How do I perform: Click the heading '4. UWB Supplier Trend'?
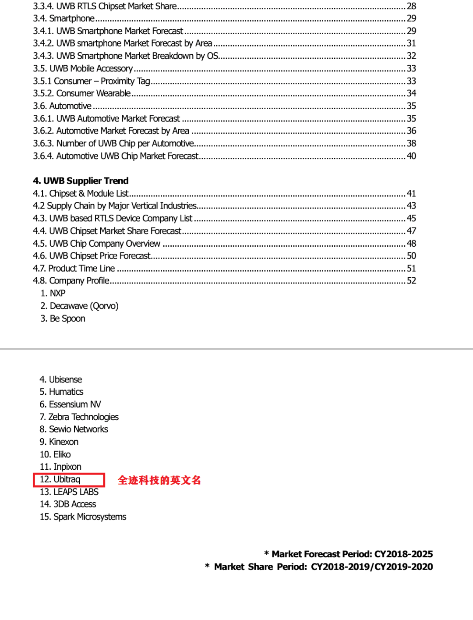(81, 181)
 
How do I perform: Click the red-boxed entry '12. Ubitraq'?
(60, 479)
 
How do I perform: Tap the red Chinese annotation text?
(159, 480)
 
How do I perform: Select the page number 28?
(411, 6)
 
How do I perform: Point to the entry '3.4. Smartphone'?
(64, 18)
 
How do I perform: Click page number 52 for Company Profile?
(411, 281)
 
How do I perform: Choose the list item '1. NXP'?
(53, 294)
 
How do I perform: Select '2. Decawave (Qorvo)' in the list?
(79, 306)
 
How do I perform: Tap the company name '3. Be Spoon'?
(63, 319)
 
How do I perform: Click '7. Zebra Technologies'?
(79, 417)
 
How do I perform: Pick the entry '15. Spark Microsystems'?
(83, 517)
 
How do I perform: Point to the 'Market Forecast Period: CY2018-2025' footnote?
(349, 554)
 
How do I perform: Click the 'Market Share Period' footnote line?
(319, 567)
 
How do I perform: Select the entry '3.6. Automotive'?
(62, 106)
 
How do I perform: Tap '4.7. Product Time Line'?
(74, 269)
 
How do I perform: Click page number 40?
(411, 156)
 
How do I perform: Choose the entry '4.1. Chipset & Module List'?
(81, 194)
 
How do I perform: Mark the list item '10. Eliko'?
(55, 454)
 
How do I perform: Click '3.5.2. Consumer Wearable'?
(82, 93)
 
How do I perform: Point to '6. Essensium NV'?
(70, 404)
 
